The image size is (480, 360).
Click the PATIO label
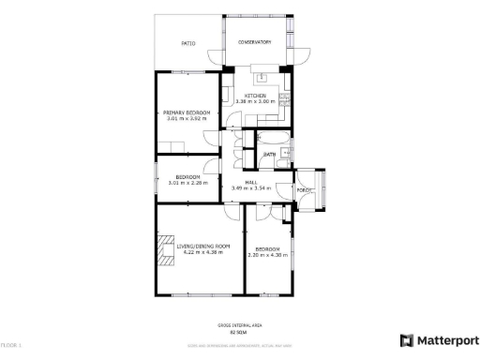[187, 43]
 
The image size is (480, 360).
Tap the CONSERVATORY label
[254, 42]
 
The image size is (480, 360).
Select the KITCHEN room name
[256, 96]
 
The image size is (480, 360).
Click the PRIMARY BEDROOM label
[187, 112]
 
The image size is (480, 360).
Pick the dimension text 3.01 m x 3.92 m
[187, 119]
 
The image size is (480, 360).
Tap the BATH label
[268, 155]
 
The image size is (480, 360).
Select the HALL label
[251, 182]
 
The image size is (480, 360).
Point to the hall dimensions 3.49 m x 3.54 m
[251, 188]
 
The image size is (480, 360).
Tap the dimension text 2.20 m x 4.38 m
[267, 255]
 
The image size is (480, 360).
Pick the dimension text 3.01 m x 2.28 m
[187, 183]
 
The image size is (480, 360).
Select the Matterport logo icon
[407, 340]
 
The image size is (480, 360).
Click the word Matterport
[447, 340]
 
